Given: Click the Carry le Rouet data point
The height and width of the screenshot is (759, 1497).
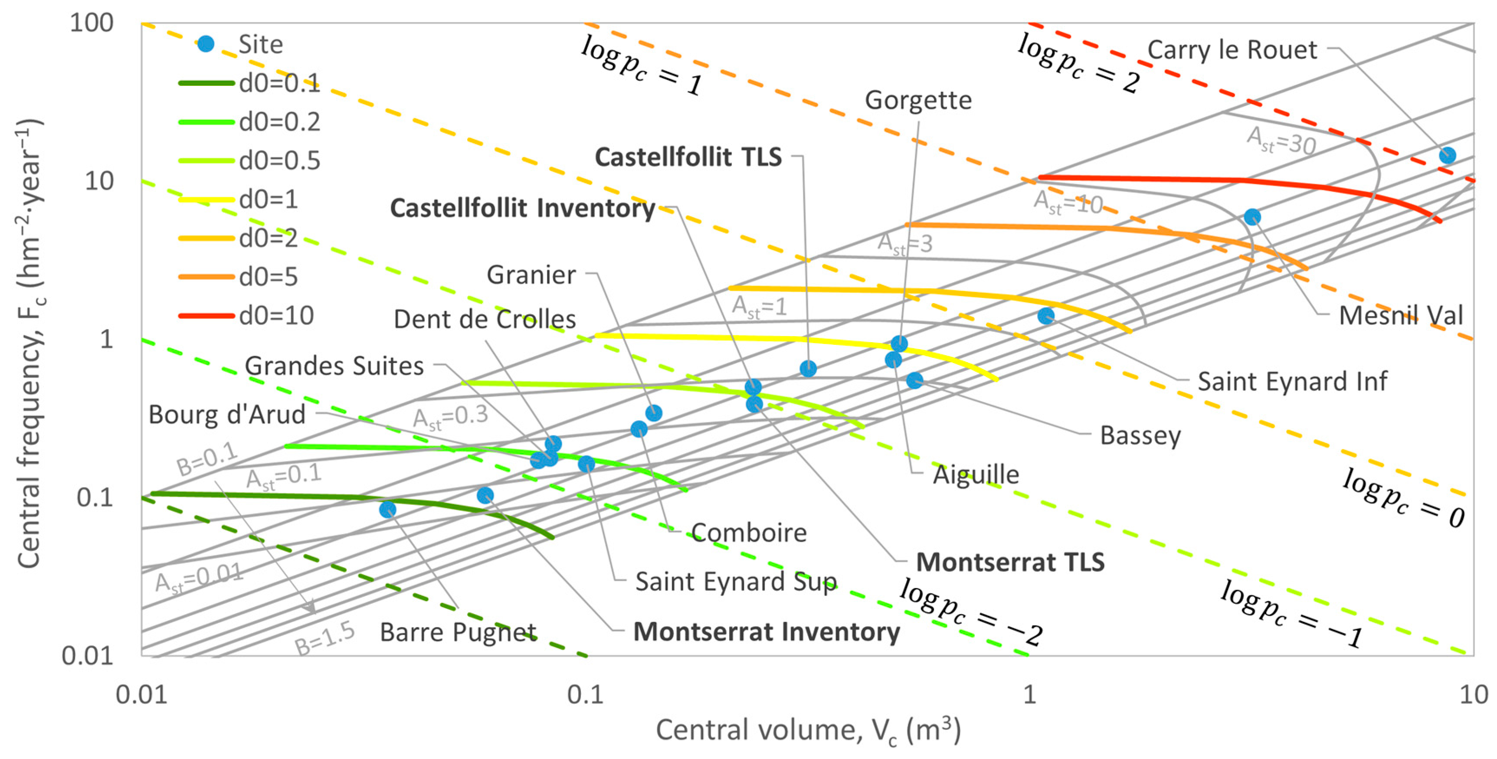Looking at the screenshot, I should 1447,155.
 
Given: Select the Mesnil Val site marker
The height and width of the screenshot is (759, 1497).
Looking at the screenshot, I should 1252,217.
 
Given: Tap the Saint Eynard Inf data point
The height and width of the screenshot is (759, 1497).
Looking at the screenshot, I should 1045,316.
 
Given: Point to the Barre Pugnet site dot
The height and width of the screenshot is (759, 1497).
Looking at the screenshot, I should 388,510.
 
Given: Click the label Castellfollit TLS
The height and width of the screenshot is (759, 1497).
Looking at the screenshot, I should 688,157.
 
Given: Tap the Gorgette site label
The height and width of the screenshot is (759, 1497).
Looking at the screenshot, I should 918,100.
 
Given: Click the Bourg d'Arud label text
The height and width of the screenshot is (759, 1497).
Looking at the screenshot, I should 226,414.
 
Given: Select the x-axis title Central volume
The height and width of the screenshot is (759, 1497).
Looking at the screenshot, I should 808,730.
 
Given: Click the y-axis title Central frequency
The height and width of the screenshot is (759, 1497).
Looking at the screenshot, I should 29,343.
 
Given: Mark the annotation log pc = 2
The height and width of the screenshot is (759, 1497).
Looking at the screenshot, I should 1078,64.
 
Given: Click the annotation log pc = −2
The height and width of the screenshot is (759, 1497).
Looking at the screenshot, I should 970,613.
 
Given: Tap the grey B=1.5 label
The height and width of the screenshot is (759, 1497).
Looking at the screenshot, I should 324,638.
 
